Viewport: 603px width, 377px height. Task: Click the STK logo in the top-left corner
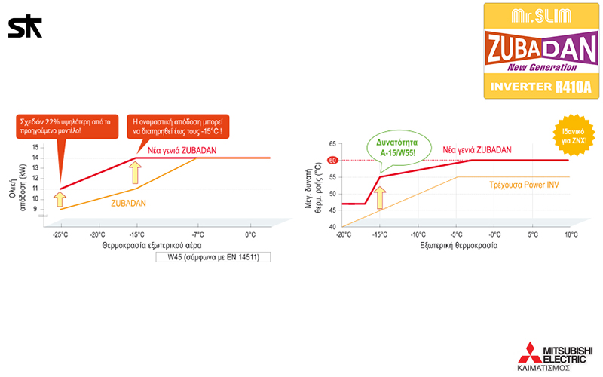(x=25, y=27)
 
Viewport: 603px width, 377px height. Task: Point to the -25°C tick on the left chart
(x=61, y=234)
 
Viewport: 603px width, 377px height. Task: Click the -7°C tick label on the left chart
(x=197, y=234)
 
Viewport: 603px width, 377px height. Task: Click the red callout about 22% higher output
(x=65, y=126)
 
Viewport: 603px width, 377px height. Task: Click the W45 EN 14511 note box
(x=213, y=256)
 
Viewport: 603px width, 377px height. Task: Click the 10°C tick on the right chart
(x=569, y=234)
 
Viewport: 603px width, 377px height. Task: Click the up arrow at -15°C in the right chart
(x=381, y=198)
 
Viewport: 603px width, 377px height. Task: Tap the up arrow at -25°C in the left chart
(x=62, y=199)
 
